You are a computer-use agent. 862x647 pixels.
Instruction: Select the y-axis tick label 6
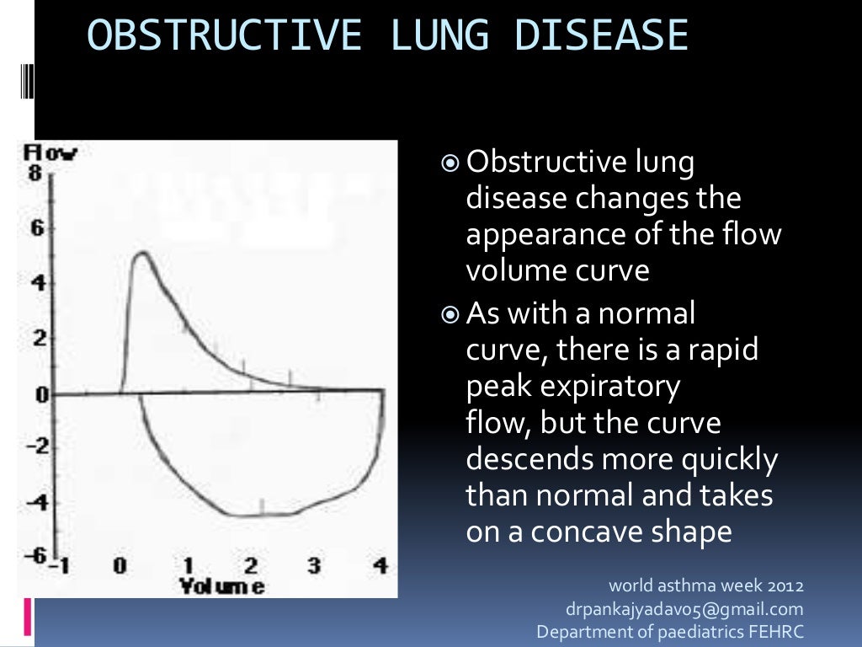pos(35,228)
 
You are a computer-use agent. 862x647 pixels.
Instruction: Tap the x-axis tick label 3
pos(314,566)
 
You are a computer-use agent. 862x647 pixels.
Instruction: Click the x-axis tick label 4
pos(380,566)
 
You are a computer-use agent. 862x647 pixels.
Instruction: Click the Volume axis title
pos(221,586)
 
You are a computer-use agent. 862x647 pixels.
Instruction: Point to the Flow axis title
pos(51,153)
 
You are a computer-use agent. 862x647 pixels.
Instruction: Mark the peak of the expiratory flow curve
pos(141,253)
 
